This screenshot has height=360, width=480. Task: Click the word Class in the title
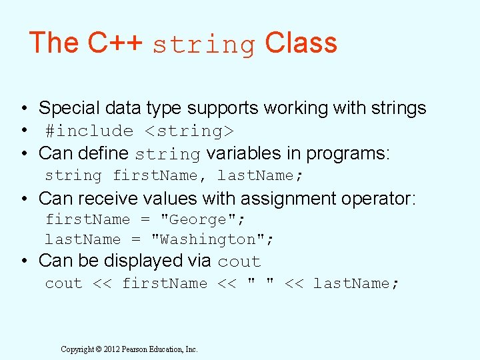(x=301, y=43)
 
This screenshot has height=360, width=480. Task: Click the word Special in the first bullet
(x=71, y=108)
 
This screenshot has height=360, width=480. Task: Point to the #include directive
(x=89, y=131)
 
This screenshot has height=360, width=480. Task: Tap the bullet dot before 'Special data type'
(x=23, y=109)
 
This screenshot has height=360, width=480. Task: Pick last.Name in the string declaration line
(x=256, y=176)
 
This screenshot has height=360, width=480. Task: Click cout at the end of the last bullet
(x=239, y=262)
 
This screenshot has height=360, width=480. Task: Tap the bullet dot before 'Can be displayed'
(x=23, y=261)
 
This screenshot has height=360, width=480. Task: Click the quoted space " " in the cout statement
(x=261, y=283)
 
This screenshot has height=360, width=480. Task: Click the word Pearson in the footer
(x=135, y=349)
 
